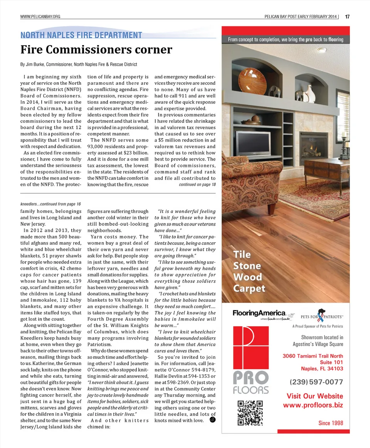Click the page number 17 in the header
[347, 17]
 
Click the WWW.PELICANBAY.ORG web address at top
[40, 17]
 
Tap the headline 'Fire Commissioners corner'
[96, 50]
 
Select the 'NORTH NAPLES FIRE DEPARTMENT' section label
[81, 35]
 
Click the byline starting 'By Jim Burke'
[79, 64]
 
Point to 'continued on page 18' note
[197, 184]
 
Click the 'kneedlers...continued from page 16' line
[50, 204]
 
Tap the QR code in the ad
[250, 413]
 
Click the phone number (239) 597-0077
[316, 382]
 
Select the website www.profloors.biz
[313, 405]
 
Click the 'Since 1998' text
[331, 423]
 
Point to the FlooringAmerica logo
[259, 313]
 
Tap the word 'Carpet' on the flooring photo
[249, 288]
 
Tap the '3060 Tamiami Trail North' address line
[313, 356]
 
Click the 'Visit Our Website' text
[314, 396]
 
